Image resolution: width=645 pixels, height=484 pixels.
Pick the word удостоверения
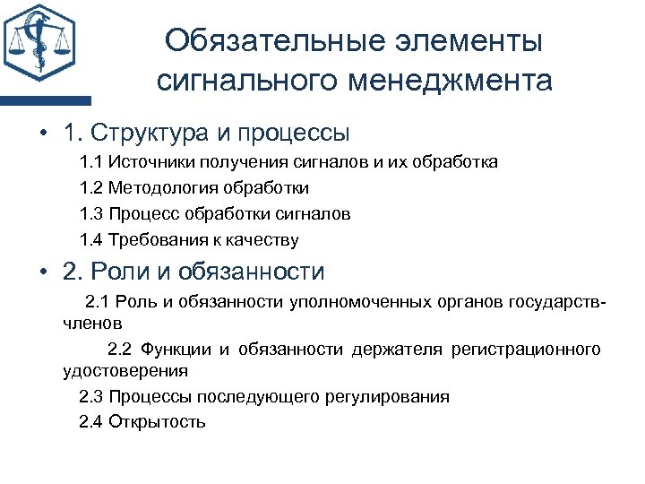pyautogui.click(x=125, y=369)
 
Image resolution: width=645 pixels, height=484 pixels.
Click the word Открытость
pyautogui.click(x=157, y=421)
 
